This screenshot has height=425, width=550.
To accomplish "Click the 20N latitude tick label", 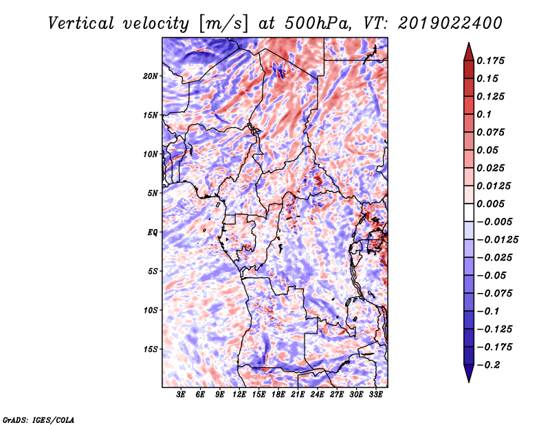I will point(151,76).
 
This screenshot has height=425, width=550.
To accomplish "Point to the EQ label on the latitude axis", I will point(153,232).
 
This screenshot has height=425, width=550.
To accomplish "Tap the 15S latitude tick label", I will point(151,349).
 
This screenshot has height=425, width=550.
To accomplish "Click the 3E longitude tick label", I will point(181,395).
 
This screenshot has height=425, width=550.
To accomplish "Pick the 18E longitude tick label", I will point(278,395).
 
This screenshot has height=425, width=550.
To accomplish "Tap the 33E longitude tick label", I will point(375,395).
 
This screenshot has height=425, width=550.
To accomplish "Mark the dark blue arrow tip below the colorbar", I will point(468,377).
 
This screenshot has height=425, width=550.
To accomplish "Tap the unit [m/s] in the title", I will point(223,23).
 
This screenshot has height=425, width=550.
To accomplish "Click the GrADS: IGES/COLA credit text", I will point(38,419).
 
